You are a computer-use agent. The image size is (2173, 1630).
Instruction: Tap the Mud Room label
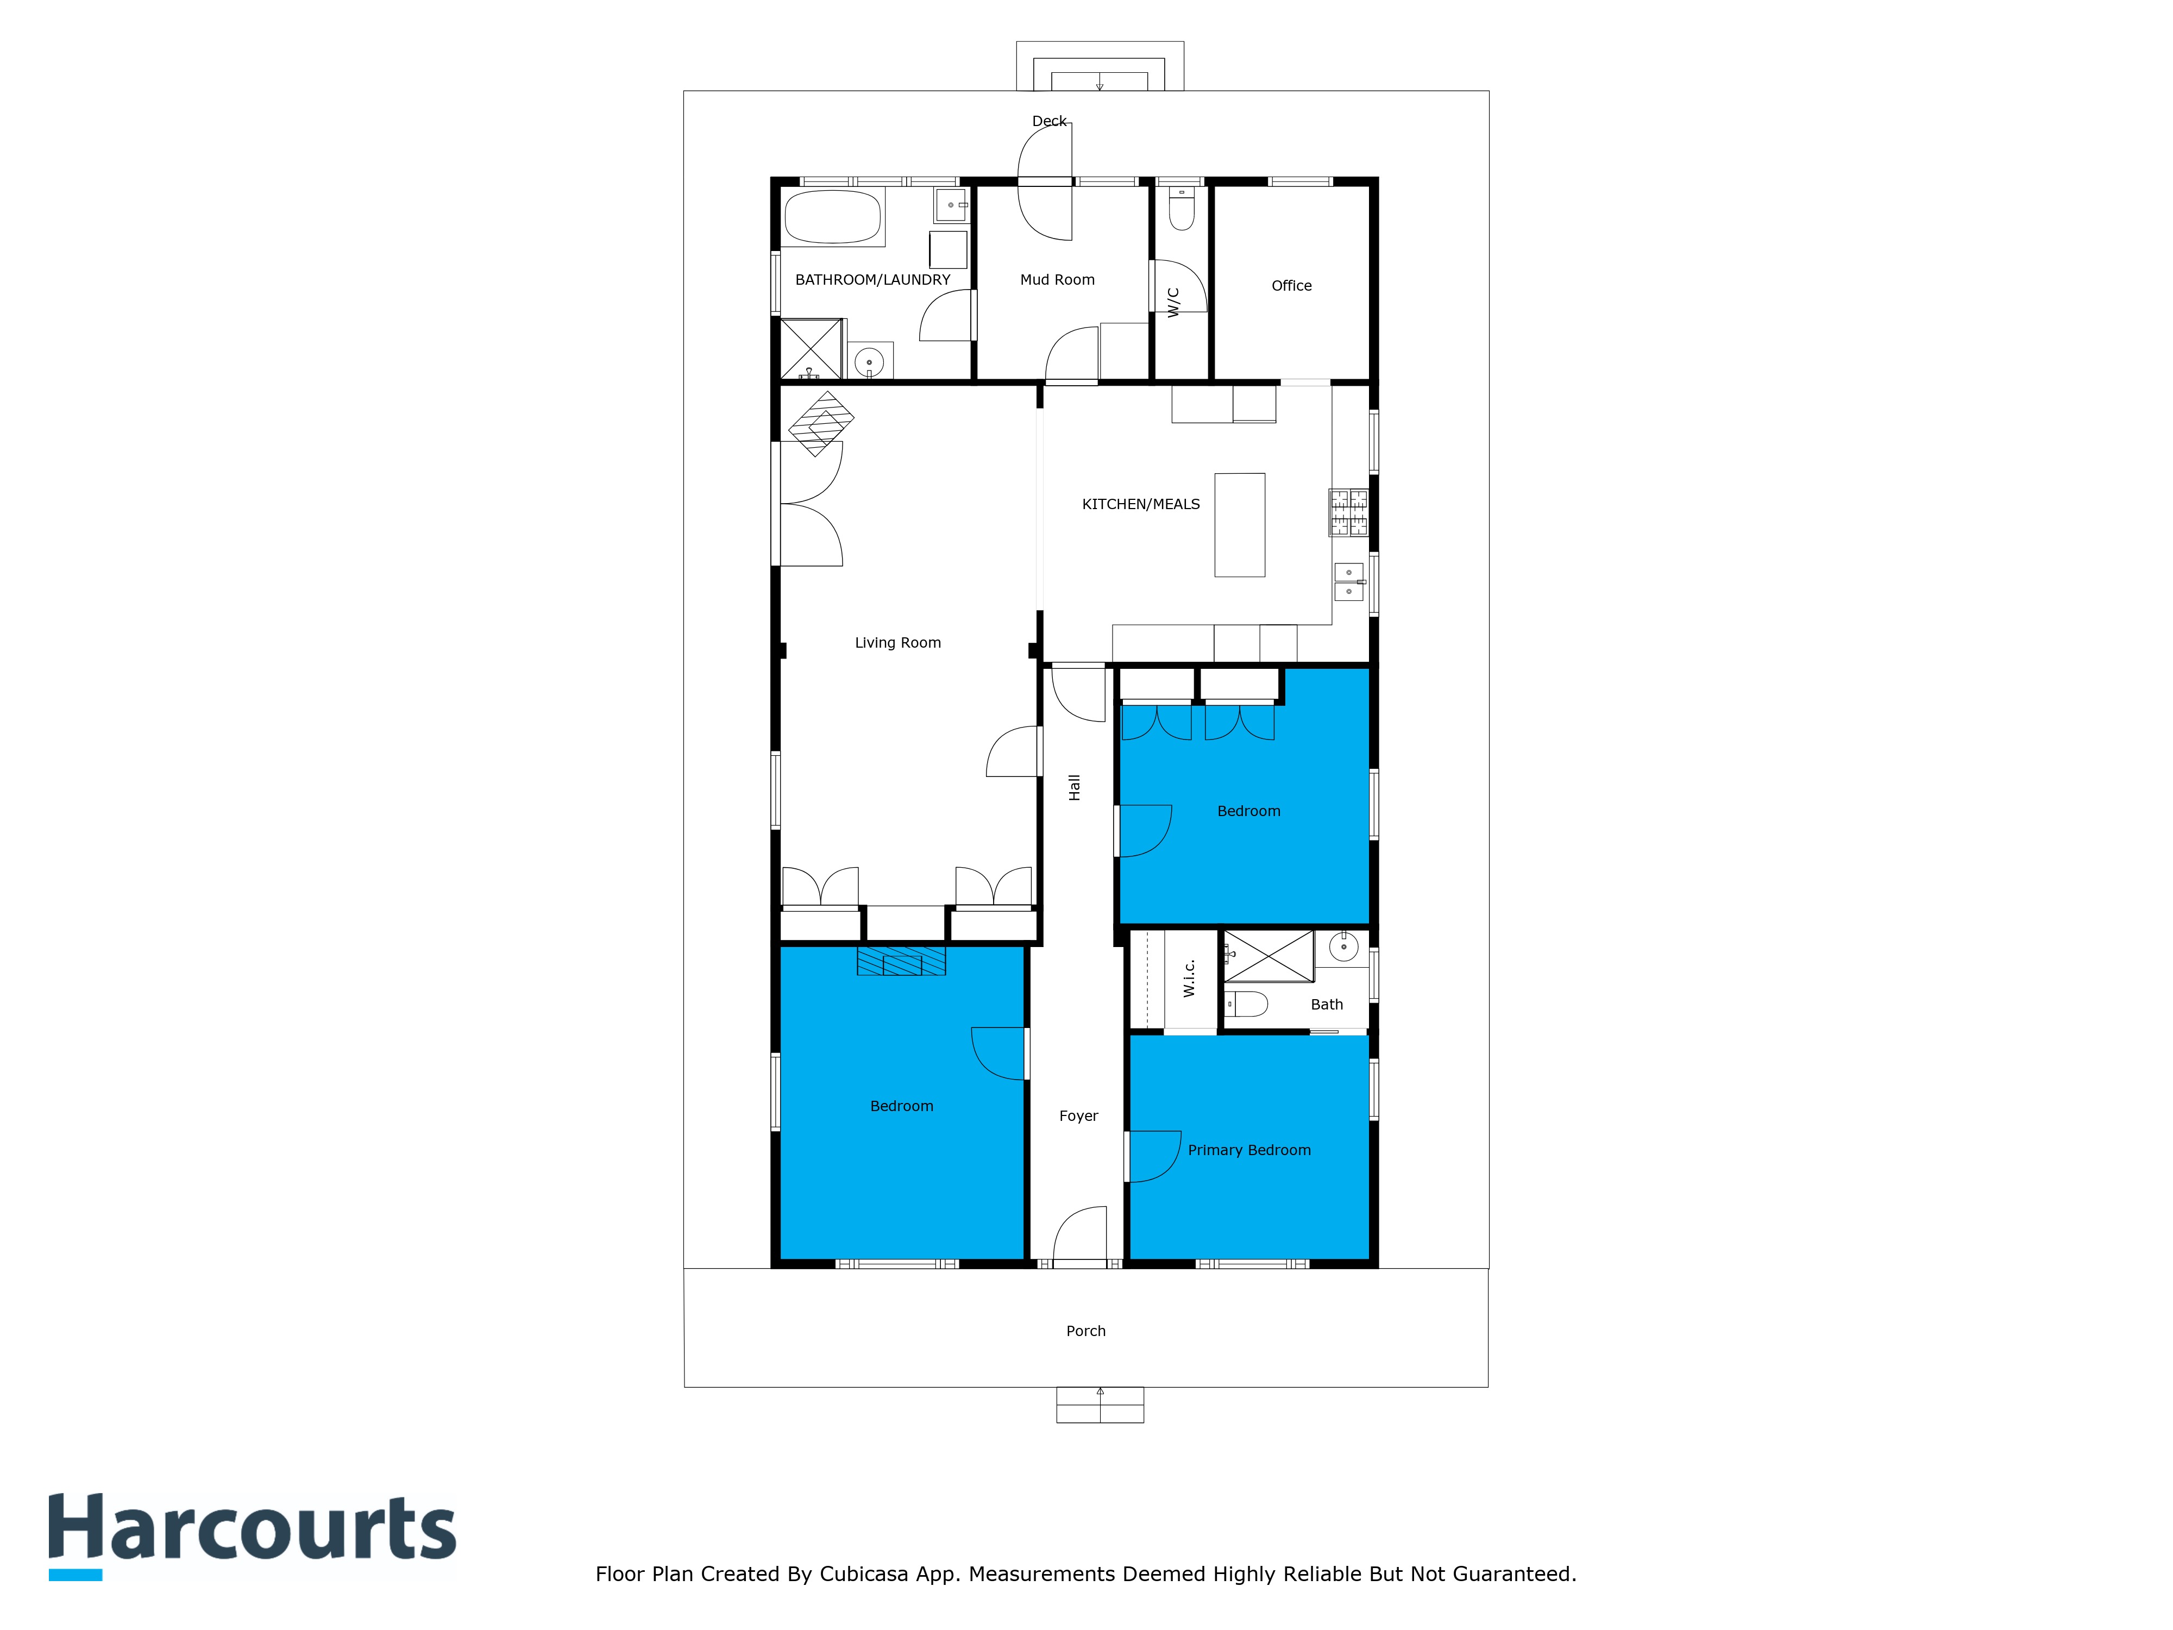click(x=1057, y=280)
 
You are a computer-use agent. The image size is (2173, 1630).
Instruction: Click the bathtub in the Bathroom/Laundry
click(x=833, y=216)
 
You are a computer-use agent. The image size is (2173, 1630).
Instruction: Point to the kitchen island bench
click(x=1240, y=525)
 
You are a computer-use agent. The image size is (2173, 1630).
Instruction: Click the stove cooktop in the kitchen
click(x=1349, y=513)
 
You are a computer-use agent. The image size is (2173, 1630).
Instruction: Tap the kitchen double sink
click(x=1349, y=582)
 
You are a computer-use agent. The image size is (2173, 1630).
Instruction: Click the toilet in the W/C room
click(x=1182, y=208)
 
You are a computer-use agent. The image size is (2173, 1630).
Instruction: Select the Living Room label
click(x=898, y=643)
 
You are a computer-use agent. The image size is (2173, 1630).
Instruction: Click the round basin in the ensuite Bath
click(x=1343, y=947)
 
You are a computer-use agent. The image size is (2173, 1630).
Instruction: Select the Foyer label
click(x=1079, y=1116)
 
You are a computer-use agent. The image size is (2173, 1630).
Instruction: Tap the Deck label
click(x=1049, y=121)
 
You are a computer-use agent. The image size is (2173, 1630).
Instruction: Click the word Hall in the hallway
click(x=1075, y=787)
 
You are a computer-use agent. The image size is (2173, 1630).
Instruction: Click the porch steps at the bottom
click(x=1100, y=1405)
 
